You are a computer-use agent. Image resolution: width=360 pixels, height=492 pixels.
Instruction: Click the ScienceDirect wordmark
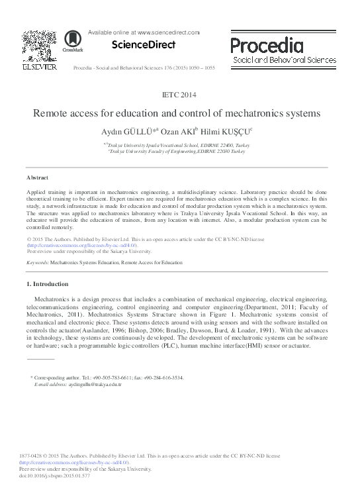(x=143, y=45)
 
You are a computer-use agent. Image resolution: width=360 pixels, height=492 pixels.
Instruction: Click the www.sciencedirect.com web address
(x=167, y=32)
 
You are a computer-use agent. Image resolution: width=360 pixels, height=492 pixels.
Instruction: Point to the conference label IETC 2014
(x=179, y=95)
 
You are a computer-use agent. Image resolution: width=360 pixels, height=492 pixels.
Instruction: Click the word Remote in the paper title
(x=51, y=113)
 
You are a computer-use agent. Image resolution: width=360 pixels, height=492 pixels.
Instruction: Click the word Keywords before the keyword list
(x=37, y=263)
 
